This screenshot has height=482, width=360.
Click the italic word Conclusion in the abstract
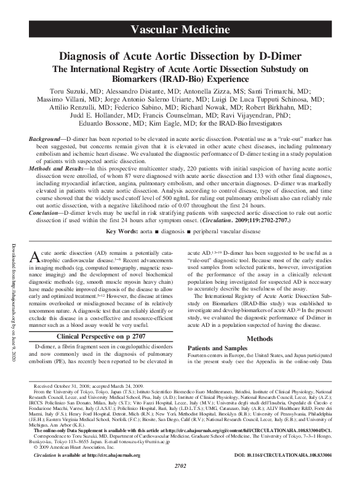pos(47,204)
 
